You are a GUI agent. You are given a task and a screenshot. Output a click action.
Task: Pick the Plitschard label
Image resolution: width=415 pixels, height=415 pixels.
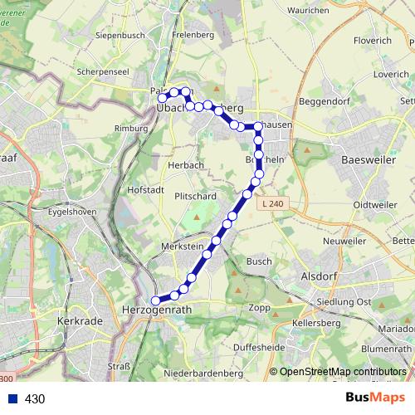point(195,195)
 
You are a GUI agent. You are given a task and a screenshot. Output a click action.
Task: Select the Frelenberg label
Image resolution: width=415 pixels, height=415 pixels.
point(194,36)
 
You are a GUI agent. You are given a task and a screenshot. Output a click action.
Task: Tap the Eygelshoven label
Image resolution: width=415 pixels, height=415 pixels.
point(73,212)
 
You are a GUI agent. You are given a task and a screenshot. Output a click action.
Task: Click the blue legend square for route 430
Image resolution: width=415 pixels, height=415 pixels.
point(12,399)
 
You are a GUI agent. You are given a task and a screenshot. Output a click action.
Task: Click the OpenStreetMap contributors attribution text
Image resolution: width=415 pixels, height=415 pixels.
point(343,372)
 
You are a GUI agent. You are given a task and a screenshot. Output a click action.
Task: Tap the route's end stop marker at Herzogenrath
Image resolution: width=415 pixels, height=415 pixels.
point(155,301)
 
